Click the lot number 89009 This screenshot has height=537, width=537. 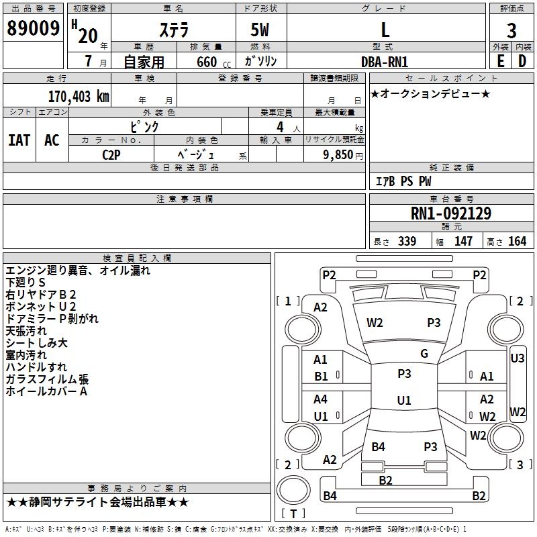pos(34,29)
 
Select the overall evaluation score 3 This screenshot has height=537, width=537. pos(511,30)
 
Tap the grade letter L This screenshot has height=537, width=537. pos(385,30)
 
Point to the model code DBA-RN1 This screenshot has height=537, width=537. pos(385,61)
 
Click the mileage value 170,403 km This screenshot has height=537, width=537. pos(78,97)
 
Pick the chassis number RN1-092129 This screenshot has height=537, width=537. pos(450,213)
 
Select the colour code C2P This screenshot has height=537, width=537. pos(112,154)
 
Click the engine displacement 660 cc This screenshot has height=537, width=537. pos(205,62)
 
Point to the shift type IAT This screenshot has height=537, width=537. pos(19,140)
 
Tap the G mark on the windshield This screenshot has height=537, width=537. pos(424,354)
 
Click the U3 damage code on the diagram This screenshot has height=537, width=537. pos(518,358)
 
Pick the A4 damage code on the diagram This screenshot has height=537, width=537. pos(321,399)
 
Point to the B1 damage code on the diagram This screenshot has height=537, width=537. pos(322,377)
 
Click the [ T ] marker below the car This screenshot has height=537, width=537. pos(293,514)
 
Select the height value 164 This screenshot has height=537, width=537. pos(517,242)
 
